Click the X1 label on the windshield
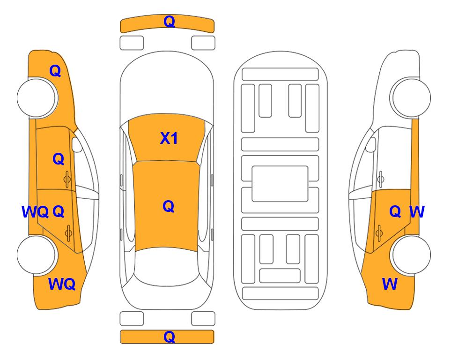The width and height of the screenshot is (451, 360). coord(169,138)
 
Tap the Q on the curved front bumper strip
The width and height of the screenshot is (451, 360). coord(169,22)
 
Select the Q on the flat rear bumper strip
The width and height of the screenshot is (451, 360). coord(169,337)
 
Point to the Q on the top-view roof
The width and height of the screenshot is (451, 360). coord(169,207)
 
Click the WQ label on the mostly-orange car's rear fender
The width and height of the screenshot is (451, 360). coord(62,284)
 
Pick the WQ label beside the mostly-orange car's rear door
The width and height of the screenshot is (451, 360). coord(35,212)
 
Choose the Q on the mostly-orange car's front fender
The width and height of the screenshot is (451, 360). coord(55,71)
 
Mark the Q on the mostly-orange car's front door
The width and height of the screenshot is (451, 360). coord(59,159)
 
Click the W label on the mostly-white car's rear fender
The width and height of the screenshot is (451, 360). coord(390,284)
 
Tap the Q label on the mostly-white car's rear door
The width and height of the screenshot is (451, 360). coord(395,212)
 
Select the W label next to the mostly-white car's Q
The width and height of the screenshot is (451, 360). coord(417,212)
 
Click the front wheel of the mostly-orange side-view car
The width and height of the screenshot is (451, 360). coord(37,97)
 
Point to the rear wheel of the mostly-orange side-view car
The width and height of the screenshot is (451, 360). coord(37,255)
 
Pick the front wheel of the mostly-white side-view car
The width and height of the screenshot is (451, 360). coord(411,97)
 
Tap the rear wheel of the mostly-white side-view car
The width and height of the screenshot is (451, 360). coord(411,255)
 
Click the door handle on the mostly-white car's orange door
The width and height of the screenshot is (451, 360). coord(379,232)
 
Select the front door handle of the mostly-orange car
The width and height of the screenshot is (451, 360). coord(67,179)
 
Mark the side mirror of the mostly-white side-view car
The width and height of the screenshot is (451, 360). coord(370,144)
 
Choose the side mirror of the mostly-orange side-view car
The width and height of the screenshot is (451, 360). coord(77,144)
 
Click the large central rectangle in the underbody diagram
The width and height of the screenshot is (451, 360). coord(280,184)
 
